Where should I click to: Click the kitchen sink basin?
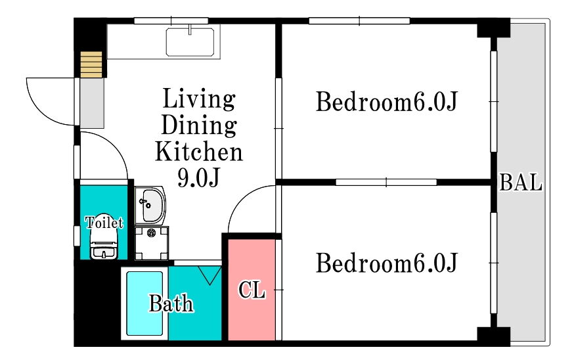[190, 42]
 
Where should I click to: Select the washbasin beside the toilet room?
[150, 206]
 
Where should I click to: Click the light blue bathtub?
[144, 304]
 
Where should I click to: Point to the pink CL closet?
[252, 290]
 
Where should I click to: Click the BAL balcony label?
[521, 183]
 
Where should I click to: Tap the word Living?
[199, 99]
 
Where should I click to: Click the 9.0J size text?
[198, 178]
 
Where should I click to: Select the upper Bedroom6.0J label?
[387, 102]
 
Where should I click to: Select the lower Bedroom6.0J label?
[387, 263]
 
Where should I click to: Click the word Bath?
[171, 304]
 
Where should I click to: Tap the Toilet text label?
[104, 222]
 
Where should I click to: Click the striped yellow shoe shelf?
[91, 64]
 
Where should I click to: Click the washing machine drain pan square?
[152, 243]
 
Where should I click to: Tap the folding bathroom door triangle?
[210, 275]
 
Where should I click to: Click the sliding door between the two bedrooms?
[386, 182]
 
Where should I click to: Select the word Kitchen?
[199, 151]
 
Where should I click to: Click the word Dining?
[199, 125]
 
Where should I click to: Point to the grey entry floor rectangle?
[92, 103]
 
